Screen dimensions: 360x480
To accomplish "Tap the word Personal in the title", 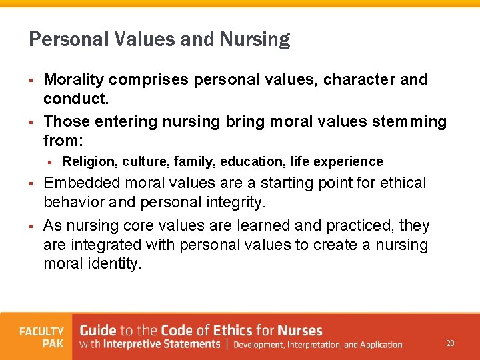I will [59, 40].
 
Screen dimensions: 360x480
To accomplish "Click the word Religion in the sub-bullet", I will [89, 161].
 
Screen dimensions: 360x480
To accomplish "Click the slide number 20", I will [450, 343].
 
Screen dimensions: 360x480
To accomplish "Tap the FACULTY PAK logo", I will [41, 337].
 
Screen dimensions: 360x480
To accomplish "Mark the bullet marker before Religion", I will [50, 162].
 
